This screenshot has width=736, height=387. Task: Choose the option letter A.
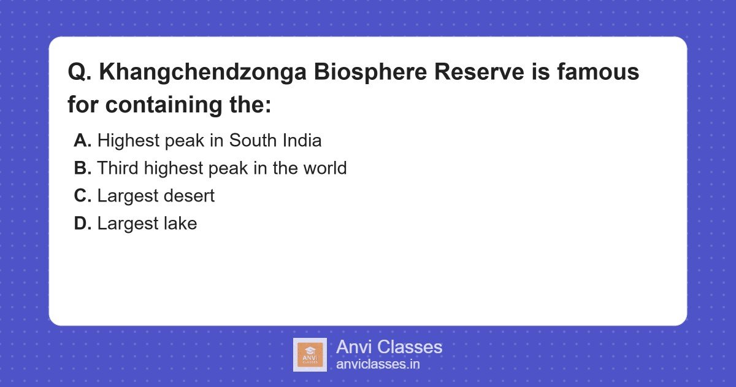coord(82,141)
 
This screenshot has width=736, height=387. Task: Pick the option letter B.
coord(82,168)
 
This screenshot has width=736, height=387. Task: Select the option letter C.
coord(82,196)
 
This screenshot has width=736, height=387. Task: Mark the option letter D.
coord(82,224)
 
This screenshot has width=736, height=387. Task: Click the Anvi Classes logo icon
coord(310,355)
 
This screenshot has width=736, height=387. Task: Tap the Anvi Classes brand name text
coord(389,347)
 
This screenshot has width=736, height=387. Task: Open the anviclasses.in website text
coord(378,364)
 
